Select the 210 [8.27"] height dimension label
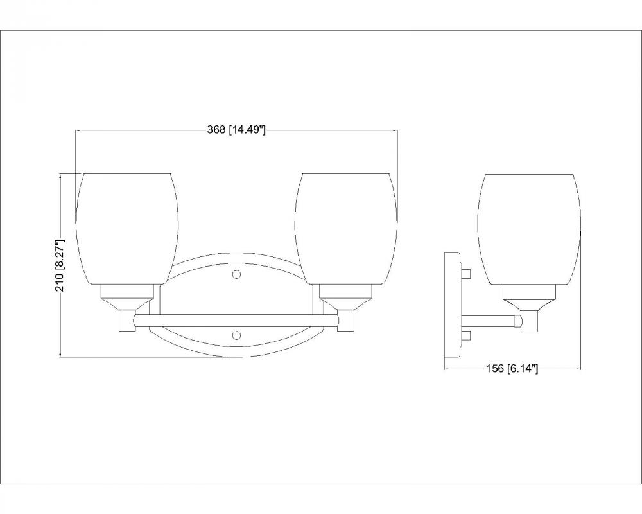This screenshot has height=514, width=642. point(60,265)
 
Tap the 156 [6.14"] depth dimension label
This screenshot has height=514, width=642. point(512,369)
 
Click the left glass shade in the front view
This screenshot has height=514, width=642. point(127,229)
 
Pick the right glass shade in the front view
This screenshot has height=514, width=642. point(346,229)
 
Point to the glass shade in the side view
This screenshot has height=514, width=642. point(529,229)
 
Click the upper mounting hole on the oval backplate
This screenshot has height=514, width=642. point(236,274)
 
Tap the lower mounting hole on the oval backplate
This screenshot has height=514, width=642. point(236,335)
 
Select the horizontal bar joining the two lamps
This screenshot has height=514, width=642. point(236,321)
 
